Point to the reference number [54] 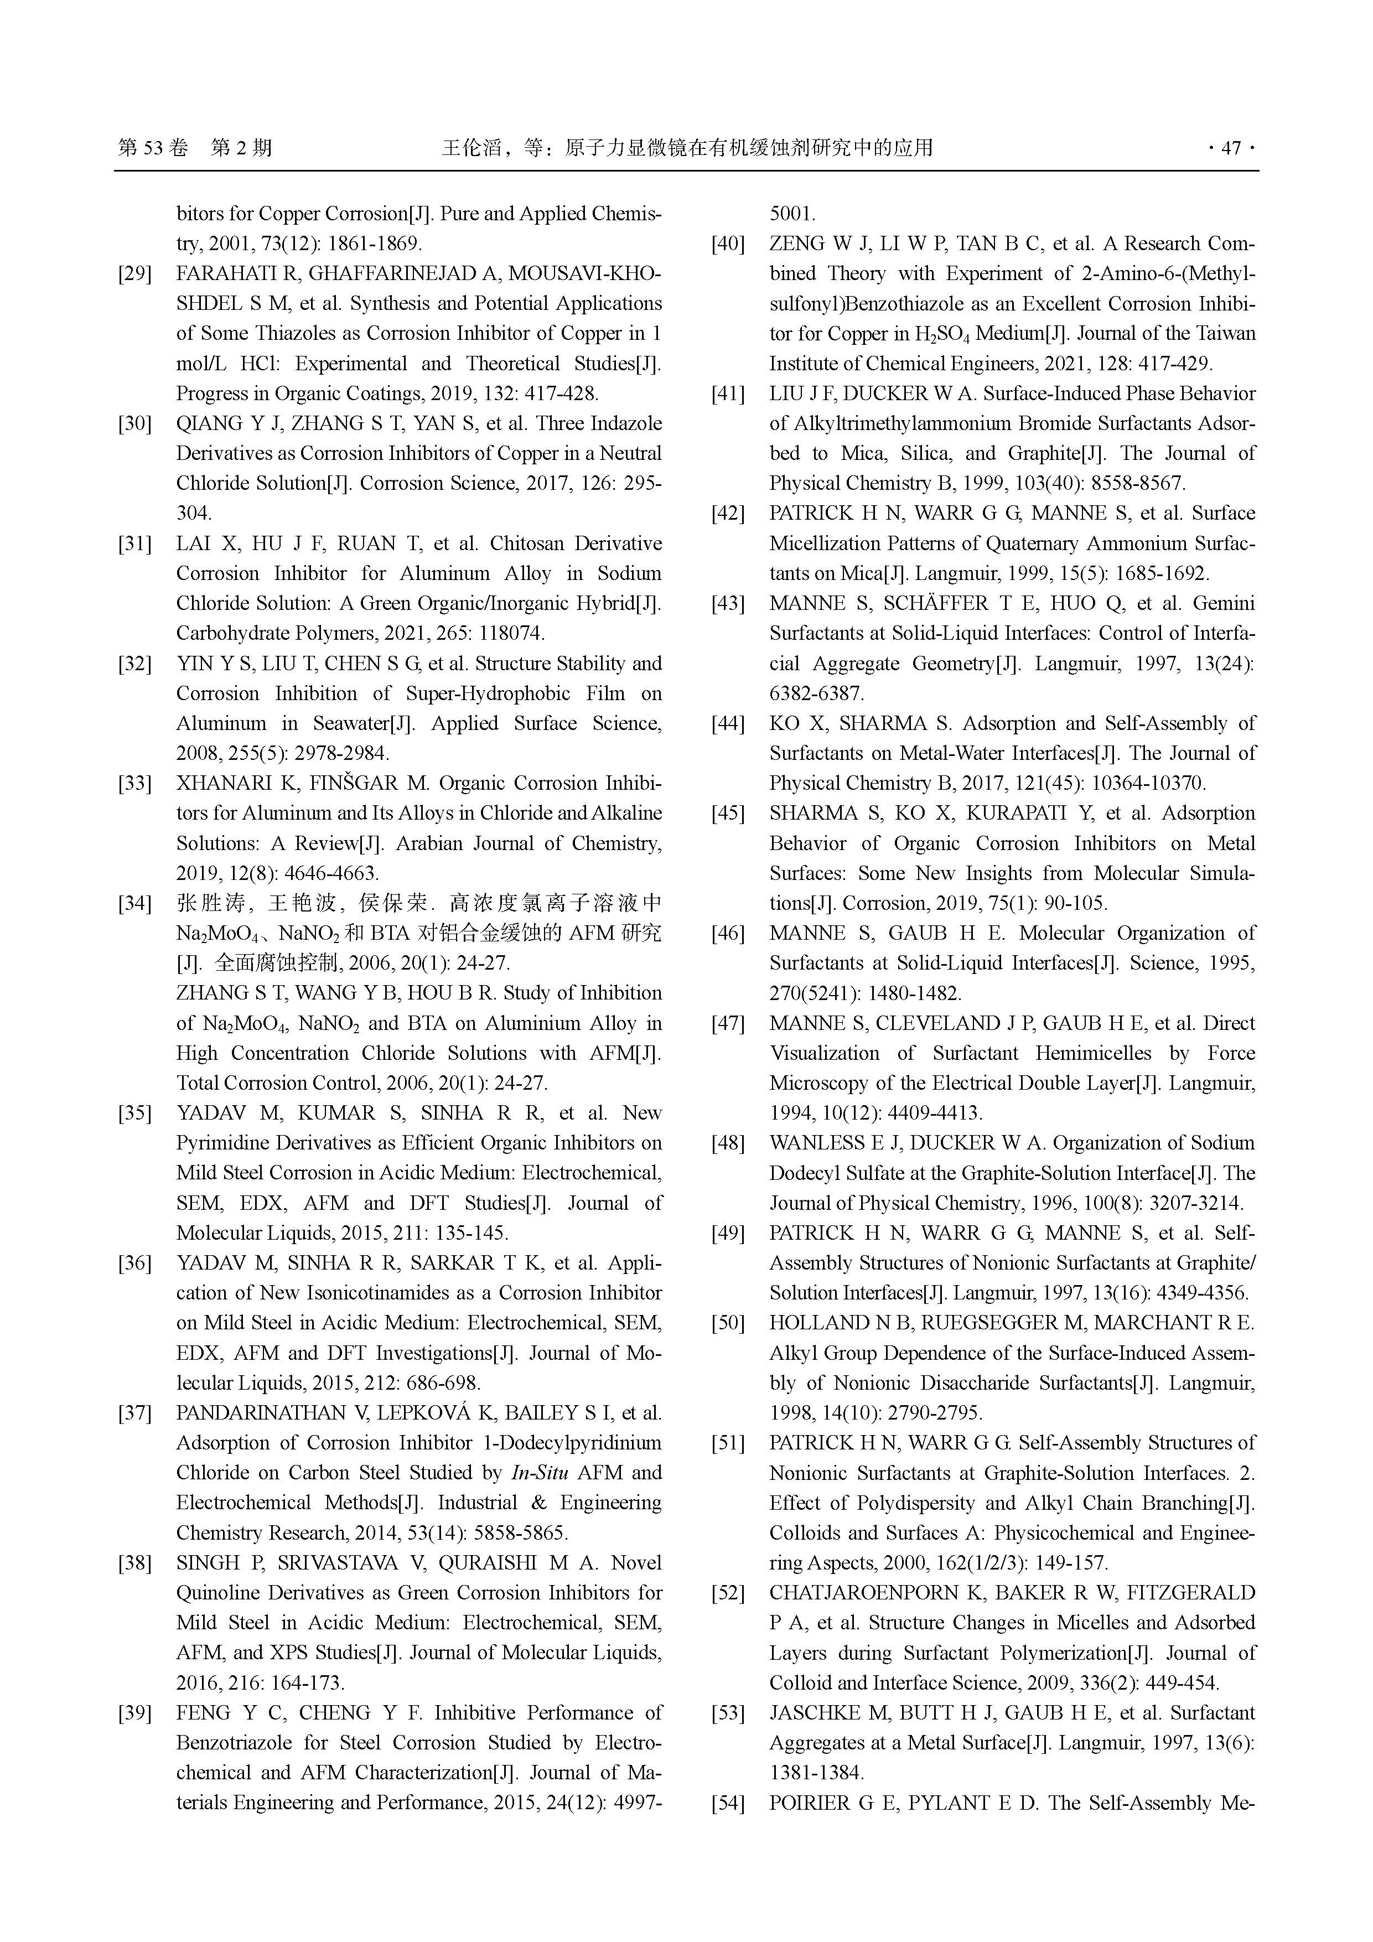click(x=728, y=1804)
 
